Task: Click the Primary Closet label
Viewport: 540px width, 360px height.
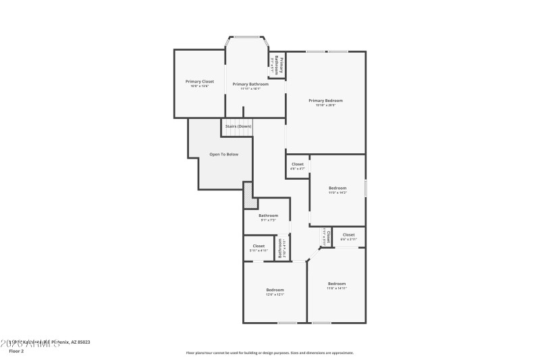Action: pyautogui.click(x=199, y=82)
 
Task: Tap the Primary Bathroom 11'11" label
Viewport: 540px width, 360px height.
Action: pyautogui.click(x=250, y=84)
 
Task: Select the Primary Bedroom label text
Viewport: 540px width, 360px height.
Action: pyautogui.click(x=325, y=101)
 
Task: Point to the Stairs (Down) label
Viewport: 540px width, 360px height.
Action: pyautogui.click(x=238, y=126)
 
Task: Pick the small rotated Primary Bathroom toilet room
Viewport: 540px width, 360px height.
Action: pyautogui.click(x=277, y=66)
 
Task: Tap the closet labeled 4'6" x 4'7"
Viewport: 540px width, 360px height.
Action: pyautogui.click(x=297, y=165)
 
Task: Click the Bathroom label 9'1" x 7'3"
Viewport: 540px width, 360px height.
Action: pyautogui.click(x=268, y=216)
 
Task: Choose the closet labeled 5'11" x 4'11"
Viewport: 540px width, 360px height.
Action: pyautogui.click(x=259, y=247)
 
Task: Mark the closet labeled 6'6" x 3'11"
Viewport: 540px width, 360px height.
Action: pyautogui.click(x=348, y=236)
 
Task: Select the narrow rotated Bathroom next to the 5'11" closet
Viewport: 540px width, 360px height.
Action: pyautogui.click(x=282, y=248)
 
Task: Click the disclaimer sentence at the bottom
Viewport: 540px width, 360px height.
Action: pyautogui.click(x=269, y=353)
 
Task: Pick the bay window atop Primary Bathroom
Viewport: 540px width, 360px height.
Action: pyautogui.click(x=246, y=36)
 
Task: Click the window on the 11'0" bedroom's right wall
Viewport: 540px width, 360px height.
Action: pyautogui.click(x=366, y=188)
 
